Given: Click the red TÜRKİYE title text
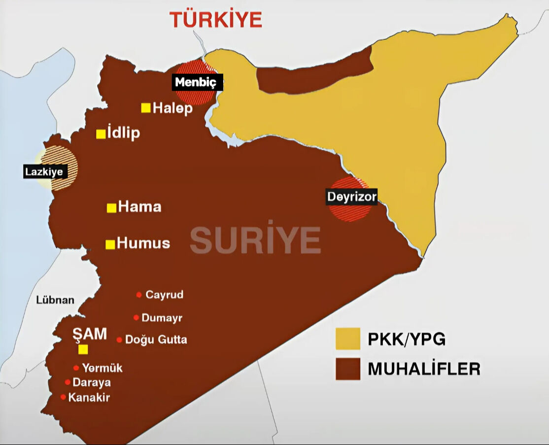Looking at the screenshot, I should click(216, 19).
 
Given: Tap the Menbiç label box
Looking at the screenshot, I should click(197, 82).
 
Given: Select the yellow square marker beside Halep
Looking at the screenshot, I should click(146, 108).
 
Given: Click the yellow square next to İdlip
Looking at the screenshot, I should click(101, 134).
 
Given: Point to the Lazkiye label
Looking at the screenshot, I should click(44, 172).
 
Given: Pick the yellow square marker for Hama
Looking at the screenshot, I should click(112, 207).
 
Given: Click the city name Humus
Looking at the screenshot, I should click(144, 243).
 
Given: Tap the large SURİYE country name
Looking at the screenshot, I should click(255, 241).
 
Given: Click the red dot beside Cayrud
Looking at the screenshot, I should click(139, 295).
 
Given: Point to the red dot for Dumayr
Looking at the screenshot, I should click(136, 317).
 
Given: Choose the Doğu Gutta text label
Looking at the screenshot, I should click(156, 340).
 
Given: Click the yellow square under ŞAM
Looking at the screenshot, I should click(83, 349).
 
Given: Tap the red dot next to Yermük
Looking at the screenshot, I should click(76, 368).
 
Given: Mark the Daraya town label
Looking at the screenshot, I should click(92, 382).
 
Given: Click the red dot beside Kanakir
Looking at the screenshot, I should click(63, 397).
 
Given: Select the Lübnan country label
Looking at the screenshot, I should click(55, 300).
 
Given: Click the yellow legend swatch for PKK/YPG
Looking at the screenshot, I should click(347, 340).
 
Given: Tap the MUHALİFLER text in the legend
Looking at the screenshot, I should click(424, 369).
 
